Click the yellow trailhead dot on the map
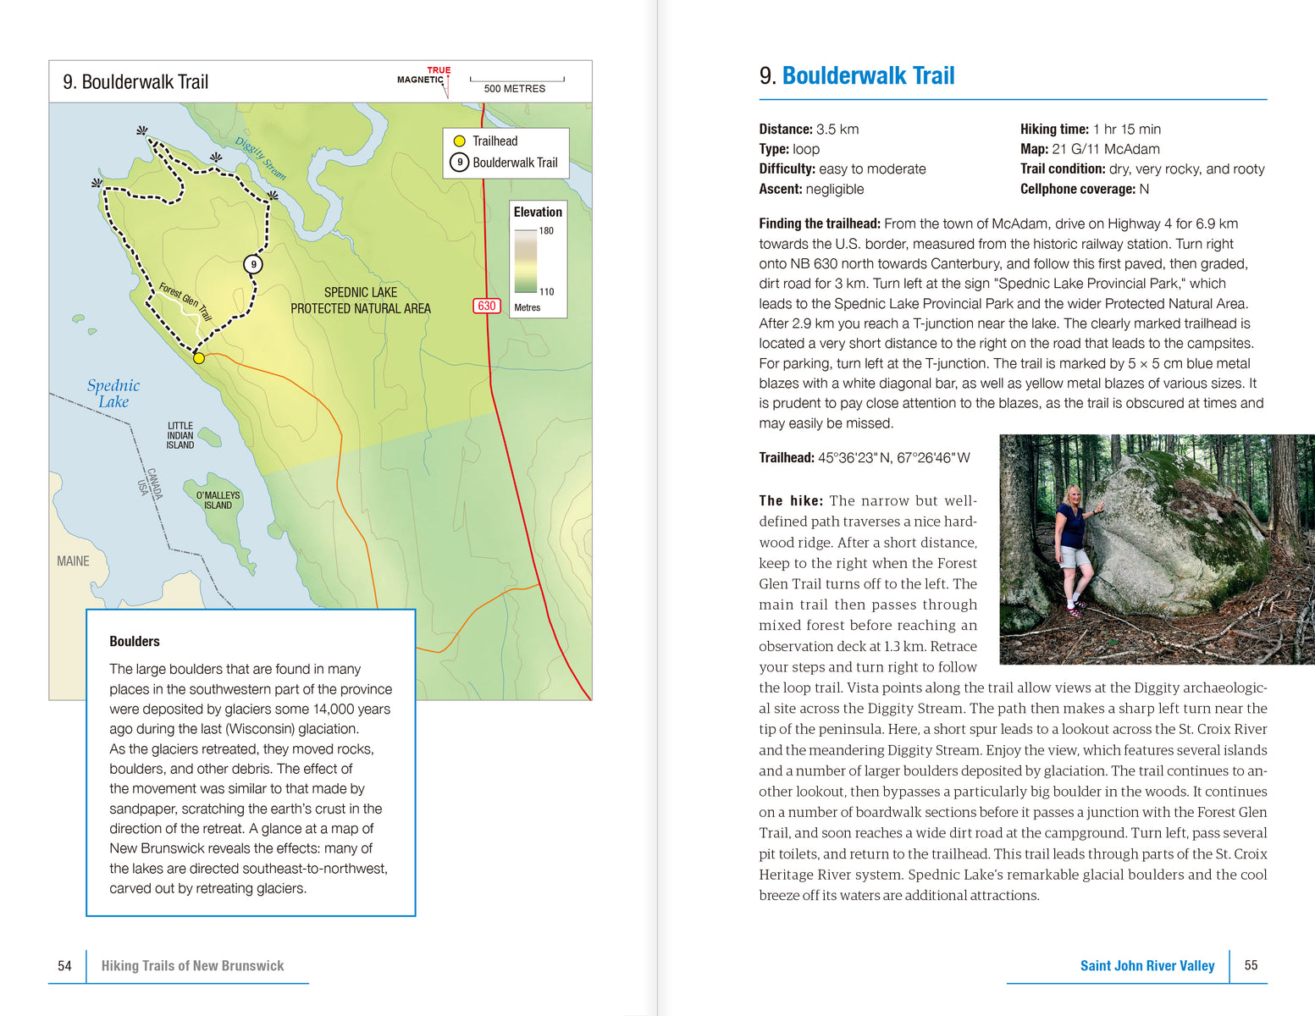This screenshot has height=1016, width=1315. (x=199, y=358)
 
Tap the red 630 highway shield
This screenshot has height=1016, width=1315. (x=487, y=306)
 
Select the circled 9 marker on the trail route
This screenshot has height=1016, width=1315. (x=253, y=264)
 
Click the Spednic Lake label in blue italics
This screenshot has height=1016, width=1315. (x=113, y=394)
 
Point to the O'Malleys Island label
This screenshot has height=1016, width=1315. (x=218, y=500)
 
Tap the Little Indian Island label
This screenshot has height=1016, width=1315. (x=180, y=435)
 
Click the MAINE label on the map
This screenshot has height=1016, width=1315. (x=73, y=561)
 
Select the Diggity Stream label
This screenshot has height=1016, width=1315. (x=261, y=158)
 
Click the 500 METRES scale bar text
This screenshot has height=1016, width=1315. (x=515, y=89)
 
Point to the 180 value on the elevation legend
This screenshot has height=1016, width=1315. (x=546, y=231)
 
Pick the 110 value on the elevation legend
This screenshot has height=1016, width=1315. (x=546, y=292)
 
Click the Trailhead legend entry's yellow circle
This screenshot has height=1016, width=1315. (x=460, y=141)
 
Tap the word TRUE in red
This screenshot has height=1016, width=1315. (x=439, y=70)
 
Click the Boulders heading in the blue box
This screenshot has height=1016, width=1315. (x=135, y=642)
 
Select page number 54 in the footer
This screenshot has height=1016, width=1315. (x=64, y=966)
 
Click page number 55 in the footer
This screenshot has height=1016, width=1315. (x=1251, y=965)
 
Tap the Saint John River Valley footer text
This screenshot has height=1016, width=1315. (x=1147, y=966)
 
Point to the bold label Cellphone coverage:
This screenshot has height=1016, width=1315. (x=1078, y=189)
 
